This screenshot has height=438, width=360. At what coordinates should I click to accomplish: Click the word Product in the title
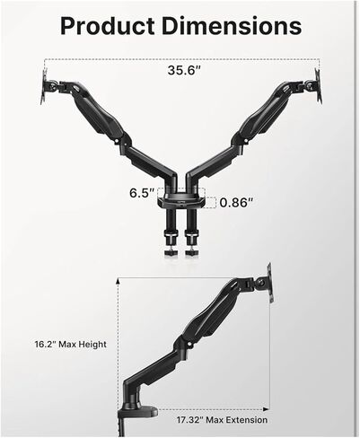[108, 26]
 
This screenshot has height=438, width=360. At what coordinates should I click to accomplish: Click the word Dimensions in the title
[232, 25]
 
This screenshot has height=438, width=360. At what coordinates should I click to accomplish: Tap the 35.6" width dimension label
[184, 70]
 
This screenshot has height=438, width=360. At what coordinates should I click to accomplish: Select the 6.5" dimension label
[143, 193]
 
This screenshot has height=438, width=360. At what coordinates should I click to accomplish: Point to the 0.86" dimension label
[236, 203]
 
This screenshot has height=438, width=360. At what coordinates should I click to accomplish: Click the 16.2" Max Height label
[71, 344]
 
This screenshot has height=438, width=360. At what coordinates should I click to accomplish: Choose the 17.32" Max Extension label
[222, 420]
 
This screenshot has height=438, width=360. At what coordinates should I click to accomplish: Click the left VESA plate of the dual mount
[44, 86]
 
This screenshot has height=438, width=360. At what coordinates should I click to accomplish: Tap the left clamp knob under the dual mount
[171, 252]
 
